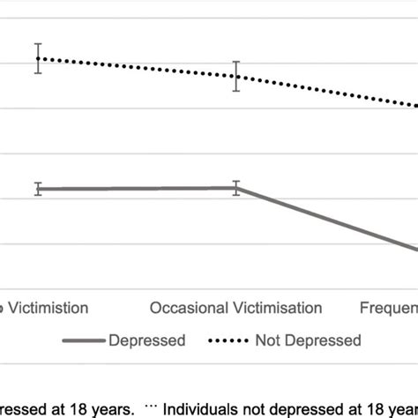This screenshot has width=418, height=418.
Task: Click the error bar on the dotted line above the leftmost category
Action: coord(38,58)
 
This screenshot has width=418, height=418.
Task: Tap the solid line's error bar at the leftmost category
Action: coord(38,189)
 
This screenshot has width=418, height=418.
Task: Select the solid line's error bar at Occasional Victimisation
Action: coord(235,187)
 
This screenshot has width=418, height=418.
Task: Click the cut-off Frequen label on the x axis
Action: coord(388,308)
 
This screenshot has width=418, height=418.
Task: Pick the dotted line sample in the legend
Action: coord(230,340)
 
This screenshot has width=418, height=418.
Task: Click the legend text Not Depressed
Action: coord(308,340)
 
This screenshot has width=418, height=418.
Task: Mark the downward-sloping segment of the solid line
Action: coord(326,219)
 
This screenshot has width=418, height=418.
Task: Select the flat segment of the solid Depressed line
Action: coord(137,189)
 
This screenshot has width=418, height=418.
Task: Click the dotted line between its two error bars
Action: coord(137,67)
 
